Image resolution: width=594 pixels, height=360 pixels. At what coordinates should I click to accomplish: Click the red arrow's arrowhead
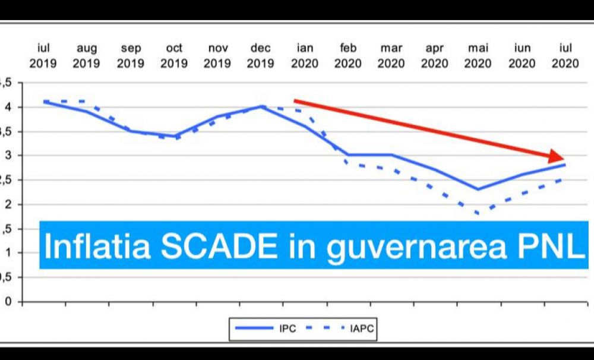tap(557, 156)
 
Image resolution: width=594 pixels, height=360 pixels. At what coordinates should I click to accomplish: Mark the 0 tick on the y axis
tap(8, 302)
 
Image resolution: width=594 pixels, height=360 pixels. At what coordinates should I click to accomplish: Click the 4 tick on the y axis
tap(8, 108)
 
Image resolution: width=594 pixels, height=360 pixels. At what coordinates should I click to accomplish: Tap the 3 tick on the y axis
tap(8, 156)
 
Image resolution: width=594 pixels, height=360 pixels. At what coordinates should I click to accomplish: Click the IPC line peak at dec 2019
tap(261, 106)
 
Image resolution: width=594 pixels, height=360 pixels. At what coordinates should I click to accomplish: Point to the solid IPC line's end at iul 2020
tap(565, 165)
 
